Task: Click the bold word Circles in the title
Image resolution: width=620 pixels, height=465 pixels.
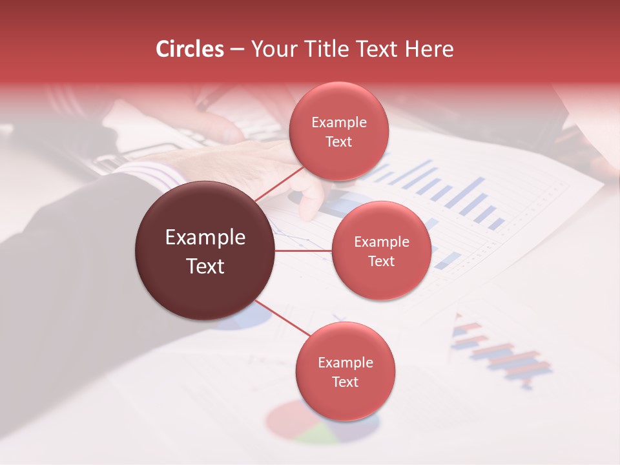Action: [x=190, y=49]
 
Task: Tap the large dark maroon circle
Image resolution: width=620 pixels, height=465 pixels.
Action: [x=204, y=251]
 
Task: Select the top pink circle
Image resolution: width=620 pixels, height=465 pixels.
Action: [x=339, y=131]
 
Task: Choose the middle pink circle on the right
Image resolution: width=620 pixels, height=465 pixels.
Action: [x=381, y=251]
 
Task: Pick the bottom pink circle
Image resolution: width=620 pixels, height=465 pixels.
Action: [x=345, y=371]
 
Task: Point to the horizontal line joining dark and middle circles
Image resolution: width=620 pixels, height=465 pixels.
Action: [x=303, y=251]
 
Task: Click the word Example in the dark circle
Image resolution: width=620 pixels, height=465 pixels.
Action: [x=205, y=238]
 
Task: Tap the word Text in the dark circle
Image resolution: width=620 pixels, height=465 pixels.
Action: [x=205, y=266]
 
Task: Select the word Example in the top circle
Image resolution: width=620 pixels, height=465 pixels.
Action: [x=339, y=123]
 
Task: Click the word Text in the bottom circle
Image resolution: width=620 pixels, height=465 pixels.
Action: [x=345, y=382]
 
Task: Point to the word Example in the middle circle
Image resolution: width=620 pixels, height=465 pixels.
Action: [x=381, y=242]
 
